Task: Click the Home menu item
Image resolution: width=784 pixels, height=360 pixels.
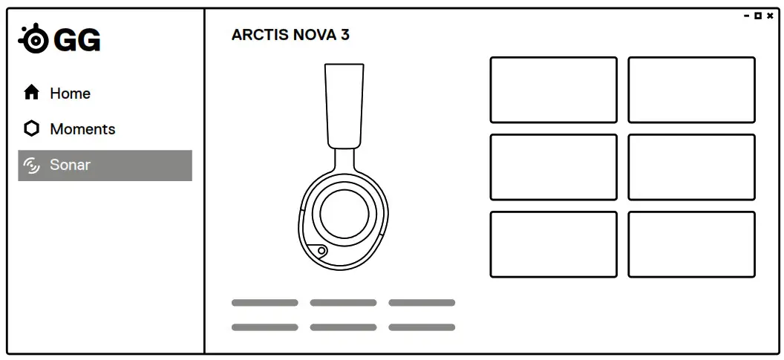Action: [70, 94]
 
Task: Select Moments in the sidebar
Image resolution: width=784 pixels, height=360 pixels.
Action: [82, 129]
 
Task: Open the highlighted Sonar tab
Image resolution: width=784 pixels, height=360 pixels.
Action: [105, 166]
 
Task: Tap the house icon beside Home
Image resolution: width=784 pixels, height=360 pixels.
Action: [31, 93]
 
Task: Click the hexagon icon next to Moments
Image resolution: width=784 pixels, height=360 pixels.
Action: [31, 129]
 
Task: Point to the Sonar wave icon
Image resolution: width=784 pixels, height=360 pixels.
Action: [32, 166]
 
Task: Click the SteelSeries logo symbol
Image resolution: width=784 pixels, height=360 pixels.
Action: [34, 40]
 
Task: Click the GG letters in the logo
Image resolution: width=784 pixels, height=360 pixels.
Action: [78, 41]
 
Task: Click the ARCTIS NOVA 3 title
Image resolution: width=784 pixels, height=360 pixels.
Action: [290, 35]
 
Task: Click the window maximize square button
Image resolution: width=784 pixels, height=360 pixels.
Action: [758, 16]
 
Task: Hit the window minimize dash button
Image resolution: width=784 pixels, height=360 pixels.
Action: [747, 16]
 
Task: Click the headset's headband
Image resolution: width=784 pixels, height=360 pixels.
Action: [344, 104]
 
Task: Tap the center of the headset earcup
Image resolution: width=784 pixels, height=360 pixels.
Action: [344, 213]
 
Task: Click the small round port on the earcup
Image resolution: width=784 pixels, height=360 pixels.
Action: [321, 251]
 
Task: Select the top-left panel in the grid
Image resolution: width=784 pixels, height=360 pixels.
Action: [553, 90]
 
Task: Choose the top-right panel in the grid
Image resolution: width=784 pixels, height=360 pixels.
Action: [691, 90]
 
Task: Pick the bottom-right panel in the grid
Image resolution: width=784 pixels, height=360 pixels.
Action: [691, 244]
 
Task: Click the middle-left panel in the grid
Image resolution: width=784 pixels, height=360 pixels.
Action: [553, 167]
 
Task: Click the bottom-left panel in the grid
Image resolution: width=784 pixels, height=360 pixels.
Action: [553, 244]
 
